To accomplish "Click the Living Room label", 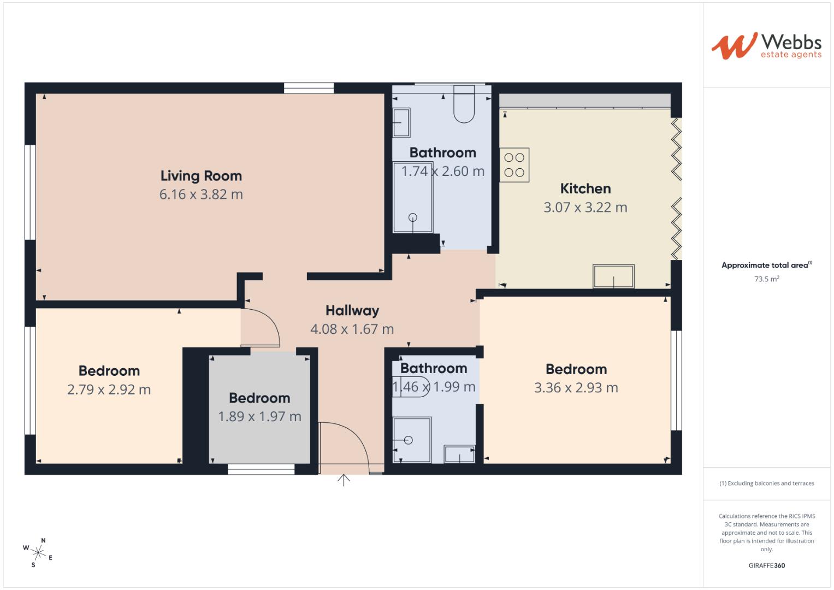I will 201,176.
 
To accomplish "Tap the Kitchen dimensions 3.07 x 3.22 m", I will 585,208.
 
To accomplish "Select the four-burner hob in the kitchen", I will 514,165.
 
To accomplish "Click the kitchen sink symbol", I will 614,276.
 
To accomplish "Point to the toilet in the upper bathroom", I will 464,104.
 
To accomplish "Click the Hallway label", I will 352,311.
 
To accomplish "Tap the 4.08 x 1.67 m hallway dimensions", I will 352,329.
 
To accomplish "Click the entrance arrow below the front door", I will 344,480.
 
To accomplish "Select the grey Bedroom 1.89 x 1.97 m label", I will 259,398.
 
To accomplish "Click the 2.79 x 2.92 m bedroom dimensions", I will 109,390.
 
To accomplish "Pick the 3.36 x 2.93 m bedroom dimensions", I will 576,388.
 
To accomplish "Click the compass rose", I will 38,552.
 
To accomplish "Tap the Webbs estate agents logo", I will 766,46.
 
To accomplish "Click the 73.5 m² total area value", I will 767,279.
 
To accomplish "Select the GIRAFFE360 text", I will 767,566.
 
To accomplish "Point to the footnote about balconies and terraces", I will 767,483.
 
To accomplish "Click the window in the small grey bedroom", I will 261,469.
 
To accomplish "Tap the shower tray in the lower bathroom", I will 412,440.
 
